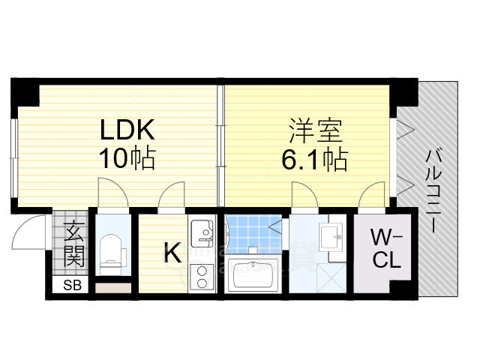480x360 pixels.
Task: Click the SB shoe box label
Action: tap(73, 285)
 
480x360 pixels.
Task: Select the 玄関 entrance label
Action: tap(73, 244)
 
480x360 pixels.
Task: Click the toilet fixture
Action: tap(111, 252)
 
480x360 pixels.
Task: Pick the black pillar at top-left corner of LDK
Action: tap(24, 92)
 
